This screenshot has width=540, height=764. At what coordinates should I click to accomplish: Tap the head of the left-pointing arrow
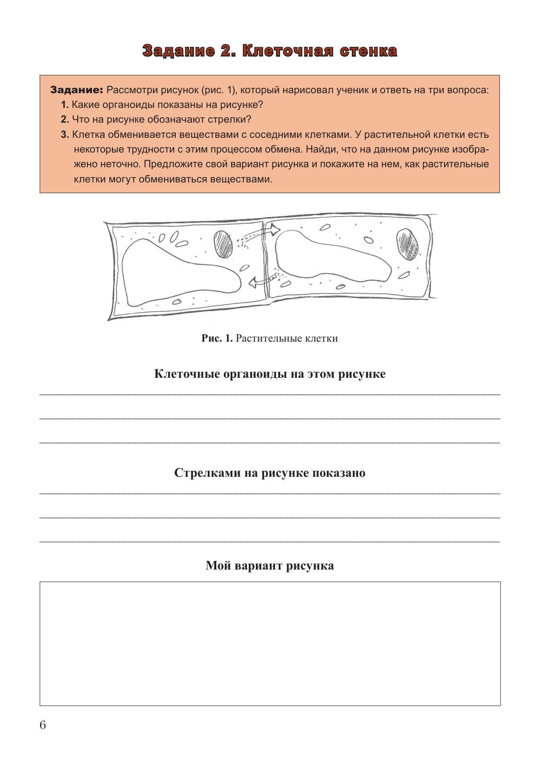pyautogui.click(x=252, y=282)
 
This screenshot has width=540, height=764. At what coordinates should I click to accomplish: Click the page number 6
pyautogui.click(x=43, y=725)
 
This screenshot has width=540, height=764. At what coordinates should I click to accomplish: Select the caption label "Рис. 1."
pyautogui.click(x=217, y=338)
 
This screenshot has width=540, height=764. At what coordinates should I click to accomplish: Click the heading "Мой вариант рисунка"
pyautogui.click(x=270, y=566)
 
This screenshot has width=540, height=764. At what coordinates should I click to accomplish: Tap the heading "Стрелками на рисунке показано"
pyautogui.click(x=270, y=473)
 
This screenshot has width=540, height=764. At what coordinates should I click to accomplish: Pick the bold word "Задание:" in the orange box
pyautogui.click(x=77, y=90)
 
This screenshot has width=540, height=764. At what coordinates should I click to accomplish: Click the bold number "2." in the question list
pyautogui.click(x=65, y=120)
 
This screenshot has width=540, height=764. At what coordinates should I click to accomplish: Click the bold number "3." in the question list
pyautogui.click(x=65, y=134)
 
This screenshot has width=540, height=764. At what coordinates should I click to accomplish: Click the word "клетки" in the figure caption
pyautogui.click(x=321, y=338)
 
